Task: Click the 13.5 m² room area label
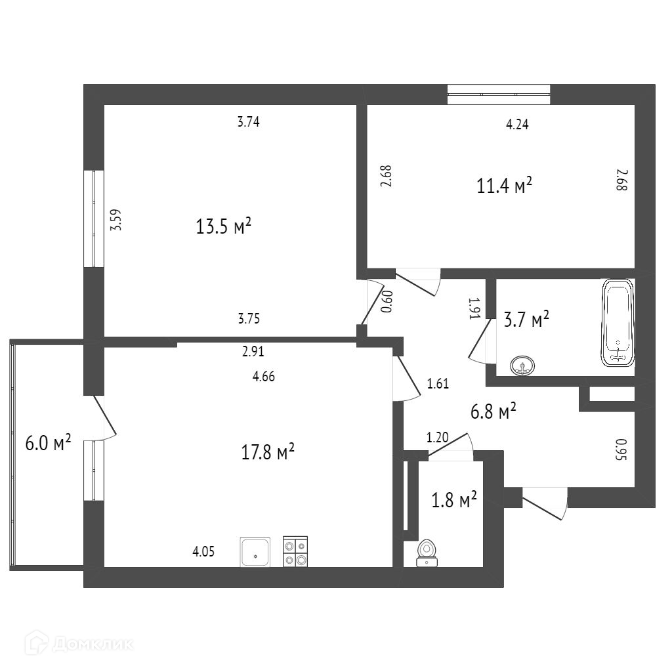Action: pyautogui.click(x=224, y=227)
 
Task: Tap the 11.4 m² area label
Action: pyautogui.click(x=504, y=186)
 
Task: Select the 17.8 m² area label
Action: pyautogui.click(x=268, y=452)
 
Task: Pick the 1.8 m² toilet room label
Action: pyautogui.click(x=453, y=501)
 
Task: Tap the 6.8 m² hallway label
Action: pyautogui.click(x=493, y=412)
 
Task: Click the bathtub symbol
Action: pyautogui.click(x=618, y=322)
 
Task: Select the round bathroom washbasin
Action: pyautogui.click(x=522, y=365)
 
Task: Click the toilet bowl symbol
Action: pyautogui.click(x=427, y=552)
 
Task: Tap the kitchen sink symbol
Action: pyautogui.click(x=256, y=551)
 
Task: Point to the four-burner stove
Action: pyautogui.click(x=295, y=551)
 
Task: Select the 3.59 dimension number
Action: pyautogui.click(x=116, y=219)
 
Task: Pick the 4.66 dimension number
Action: pyautogui.click(x=262, y=377)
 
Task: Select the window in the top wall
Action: pyautogui.click(x=498, y=94)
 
